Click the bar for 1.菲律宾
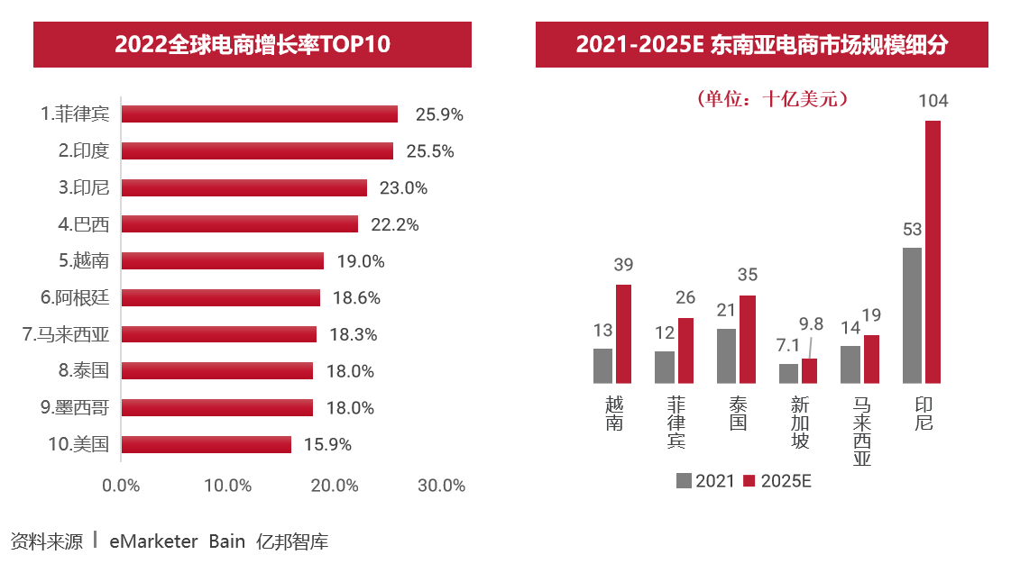[x=259, y=114]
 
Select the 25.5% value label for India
[x=430, y=151]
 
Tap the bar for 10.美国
[x=206, y=444]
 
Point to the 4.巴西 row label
[x=84, y=224]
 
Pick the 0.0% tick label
[x=121, y=486]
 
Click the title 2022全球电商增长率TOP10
[x=253, y=44]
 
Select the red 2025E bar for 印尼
[x=933, y=252]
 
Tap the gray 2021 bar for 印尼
[x=912, y=315]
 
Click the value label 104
[x=933, y=101]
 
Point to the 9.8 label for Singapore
[x=812, y=324]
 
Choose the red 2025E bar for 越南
[x=623, y=334]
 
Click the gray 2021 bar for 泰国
[x=726, y=356]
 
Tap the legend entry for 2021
[x=705, y=481]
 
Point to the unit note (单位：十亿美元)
[x=772, y=99]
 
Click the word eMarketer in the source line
[x=153, y=541]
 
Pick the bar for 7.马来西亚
[x=219, y=334]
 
